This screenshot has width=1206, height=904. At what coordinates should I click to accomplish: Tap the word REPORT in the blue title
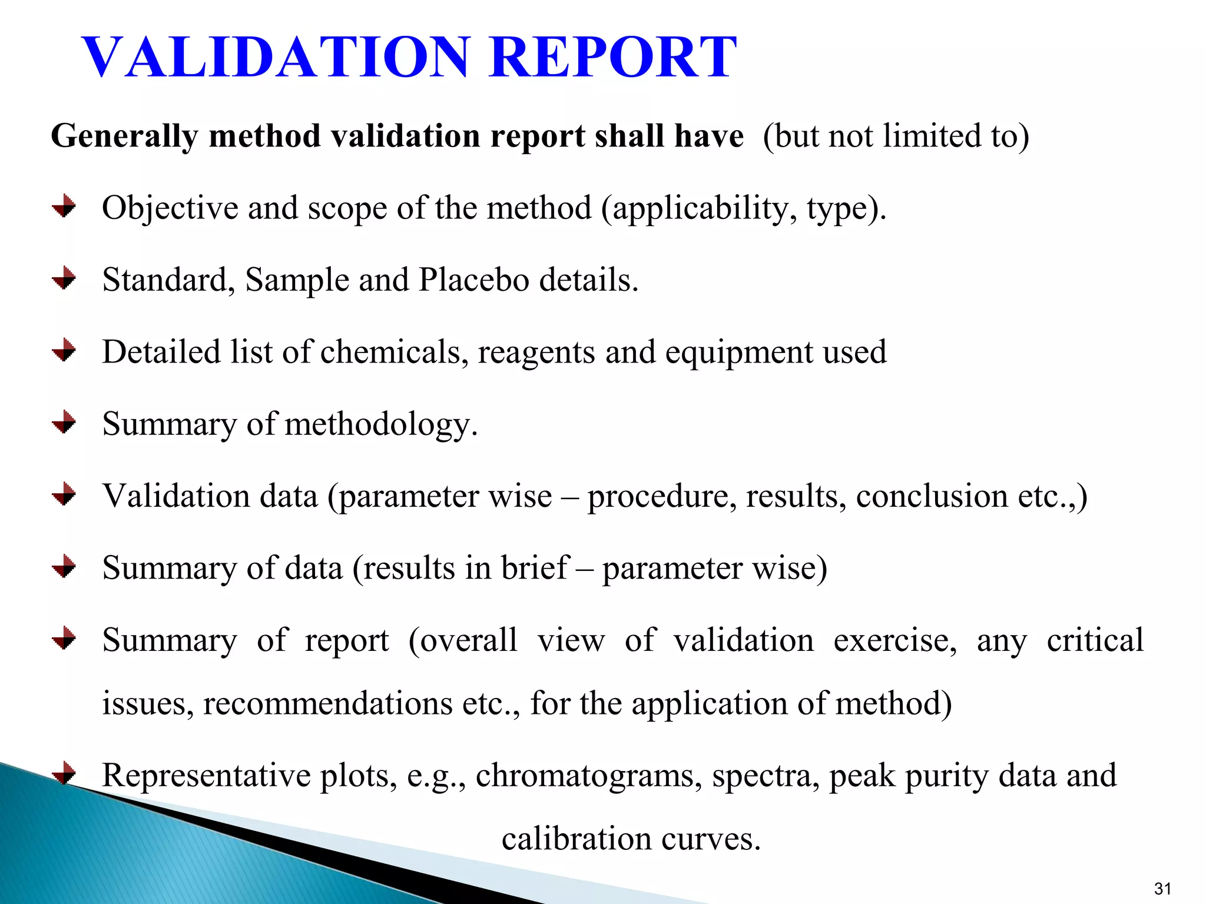click(x=612, y=57)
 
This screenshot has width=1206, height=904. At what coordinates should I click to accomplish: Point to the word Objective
click(x=170, y=208)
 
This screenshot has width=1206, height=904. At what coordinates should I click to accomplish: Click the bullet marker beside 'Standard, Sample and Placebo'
click(x=64, y=278)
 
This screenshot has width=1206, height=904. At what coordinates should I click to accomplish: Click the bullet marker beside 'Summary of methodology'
click(x=64, y=423)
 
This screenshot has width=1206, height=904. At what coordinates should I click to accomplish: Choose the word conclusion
click(x=932, y=496)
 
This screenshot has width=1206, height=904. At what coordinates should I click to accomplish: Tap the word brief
click(x=535, y=568)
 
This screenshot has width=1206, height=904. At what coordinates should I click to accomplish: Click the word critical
click(x=1095, y=640)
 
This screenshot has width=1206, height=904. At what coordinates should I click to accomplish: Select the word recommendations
click(x=327, y=703)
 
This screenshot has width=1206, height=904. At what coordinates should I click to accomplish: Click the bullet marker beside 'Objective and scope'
click(x=64, y=207)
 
